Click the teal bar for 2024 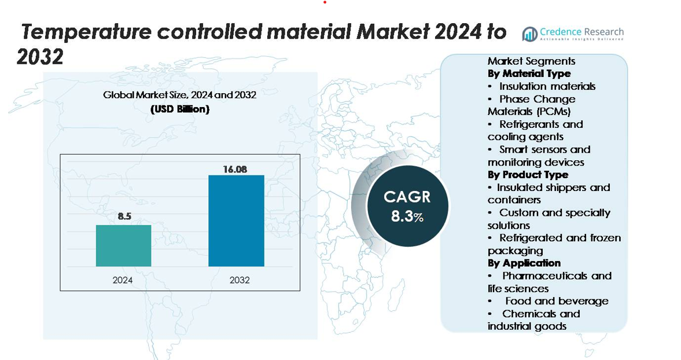123,245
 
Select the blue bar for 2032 236,221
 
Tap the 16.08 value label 235,169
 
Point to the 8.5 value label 125,217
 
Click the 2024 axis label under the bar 123,280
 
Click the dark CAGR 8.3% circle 407,205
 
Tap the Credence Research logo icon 529,34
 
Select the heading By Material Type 529,74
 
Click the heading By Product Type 528,175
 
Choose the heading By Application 524,263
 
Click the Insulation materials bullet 547,86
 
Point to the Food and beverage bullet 556,301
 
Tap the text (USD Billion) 180,109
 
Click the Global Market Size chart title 179,95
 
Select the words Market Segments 531,61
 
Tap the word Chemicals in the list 529,314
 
